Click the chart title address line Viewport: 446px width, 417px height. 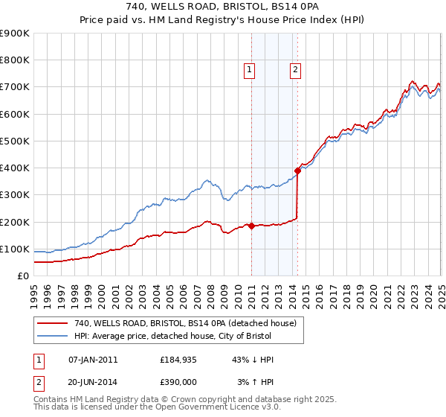(222, 8)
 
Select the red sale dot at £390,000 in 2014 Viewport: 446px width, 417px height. (297, 171)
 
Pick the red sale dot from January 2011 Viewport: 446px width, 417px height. (251, 226)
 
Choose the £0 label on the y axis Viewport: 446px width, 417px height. (22, 276)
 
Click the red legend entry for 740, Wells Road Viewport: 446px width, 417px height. (185, 323)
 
